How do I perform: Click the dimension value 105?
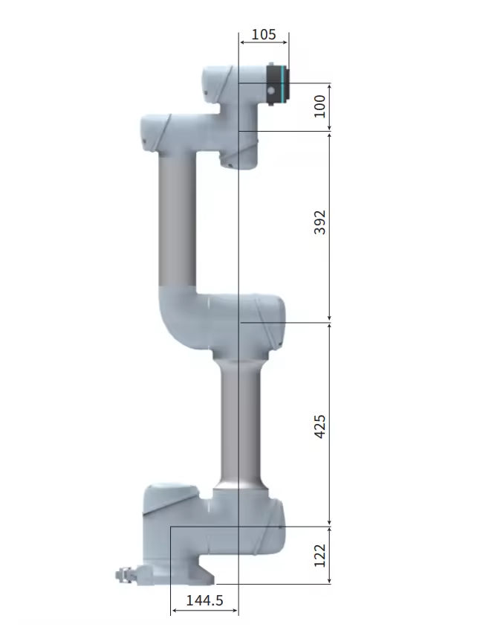pos(264,34)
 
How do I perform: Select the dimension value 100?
pos(320,106)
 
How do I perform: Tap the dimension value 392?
pos(320,222)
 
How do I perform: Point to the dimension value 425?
pos(320,427)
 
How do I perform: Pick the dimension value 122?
pos(320,556)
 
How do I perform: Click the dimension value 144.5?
pos(204,600)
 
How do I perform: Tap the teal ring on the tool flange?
pos(284,85)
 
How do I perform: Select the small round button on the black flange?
pos(272,91)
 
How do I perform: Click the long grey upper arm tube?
pos(178,221)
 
